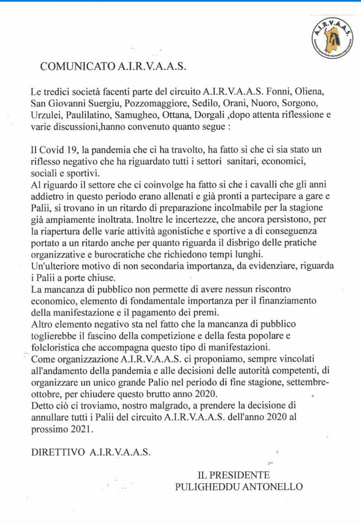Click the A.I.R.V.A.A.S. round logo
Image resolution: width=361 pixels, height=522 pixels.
(x=332, y=38)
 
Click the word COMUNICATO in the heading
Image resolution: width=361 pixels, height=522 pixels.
(x=78, y=66)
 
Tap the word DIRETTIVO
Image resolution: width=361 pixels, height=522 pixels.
(x=58, y=452)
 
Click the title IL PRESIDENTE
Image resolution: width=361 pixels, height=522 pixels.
(x=234, y=475)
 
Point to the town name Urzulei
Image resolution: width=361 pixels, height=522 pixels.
(x=47, y=115)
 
